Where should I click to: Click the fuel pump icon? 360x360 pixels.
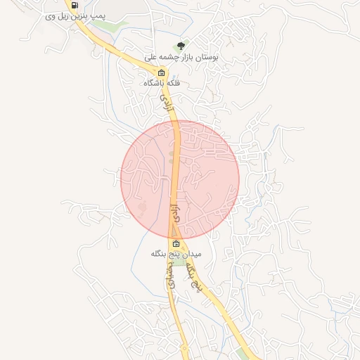point(75,5)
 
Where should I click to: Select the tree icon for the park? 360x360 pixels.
point(181,46)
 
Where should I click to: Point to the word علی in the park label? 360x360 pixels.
point(150,56)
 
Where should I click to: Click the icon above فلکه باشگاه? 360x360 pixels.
point(161,72)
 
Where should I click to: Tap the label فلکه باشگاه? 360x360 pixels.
point(162,83)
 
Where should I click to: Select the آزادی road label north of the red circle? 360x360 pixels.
point(167,106)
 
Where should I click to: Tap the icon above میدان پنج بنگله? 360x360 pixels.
point(176,244)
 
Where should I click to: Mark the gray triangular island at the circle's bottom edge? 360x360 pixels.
point(172,232)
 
